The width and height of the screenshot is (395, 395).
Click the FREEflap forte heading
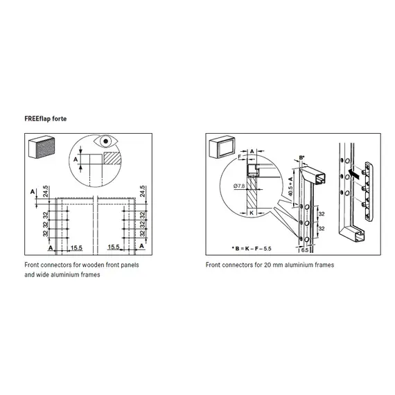[46, 119]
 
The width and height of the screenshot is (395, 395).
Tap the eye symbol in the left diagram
[105, 141]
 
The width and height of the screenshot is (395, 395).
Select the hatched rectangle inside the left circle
[112, 158]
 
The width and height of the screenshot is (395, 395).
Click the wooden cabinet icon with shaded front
[42, 147]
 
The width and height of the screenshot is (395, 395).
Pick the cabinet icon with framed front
[222, 147]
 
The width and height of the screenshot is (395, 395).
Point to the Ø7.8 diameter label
[239, 186]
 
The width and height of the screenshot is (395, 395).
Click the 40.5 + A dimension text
[290, 186]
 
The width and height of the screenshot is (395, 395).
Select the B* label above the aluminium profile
[301, 158]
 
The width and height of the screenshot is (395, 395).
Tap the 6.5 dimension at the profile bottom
[305, 250]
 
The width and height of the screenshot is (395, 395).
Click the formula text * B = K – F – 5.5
[252, 249]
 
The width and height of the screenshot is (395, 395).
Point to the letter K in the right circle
[252, 213]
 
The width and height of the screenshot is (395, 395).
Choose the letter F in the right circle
[240, 157]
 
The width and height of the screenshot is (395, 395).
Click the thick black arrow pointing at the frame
[354, 173]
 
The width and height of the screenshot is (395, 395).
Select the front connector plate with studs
[367, 191]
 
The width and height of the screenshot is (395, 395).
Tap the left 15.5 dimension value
[76, 248]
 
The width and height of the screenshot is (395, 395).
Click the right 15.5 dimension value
[114, 247]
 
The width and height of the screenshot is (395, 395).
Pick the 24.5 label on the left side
[45, 191]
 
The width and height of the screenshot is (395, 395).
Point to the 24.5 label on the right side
[142, 191]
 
